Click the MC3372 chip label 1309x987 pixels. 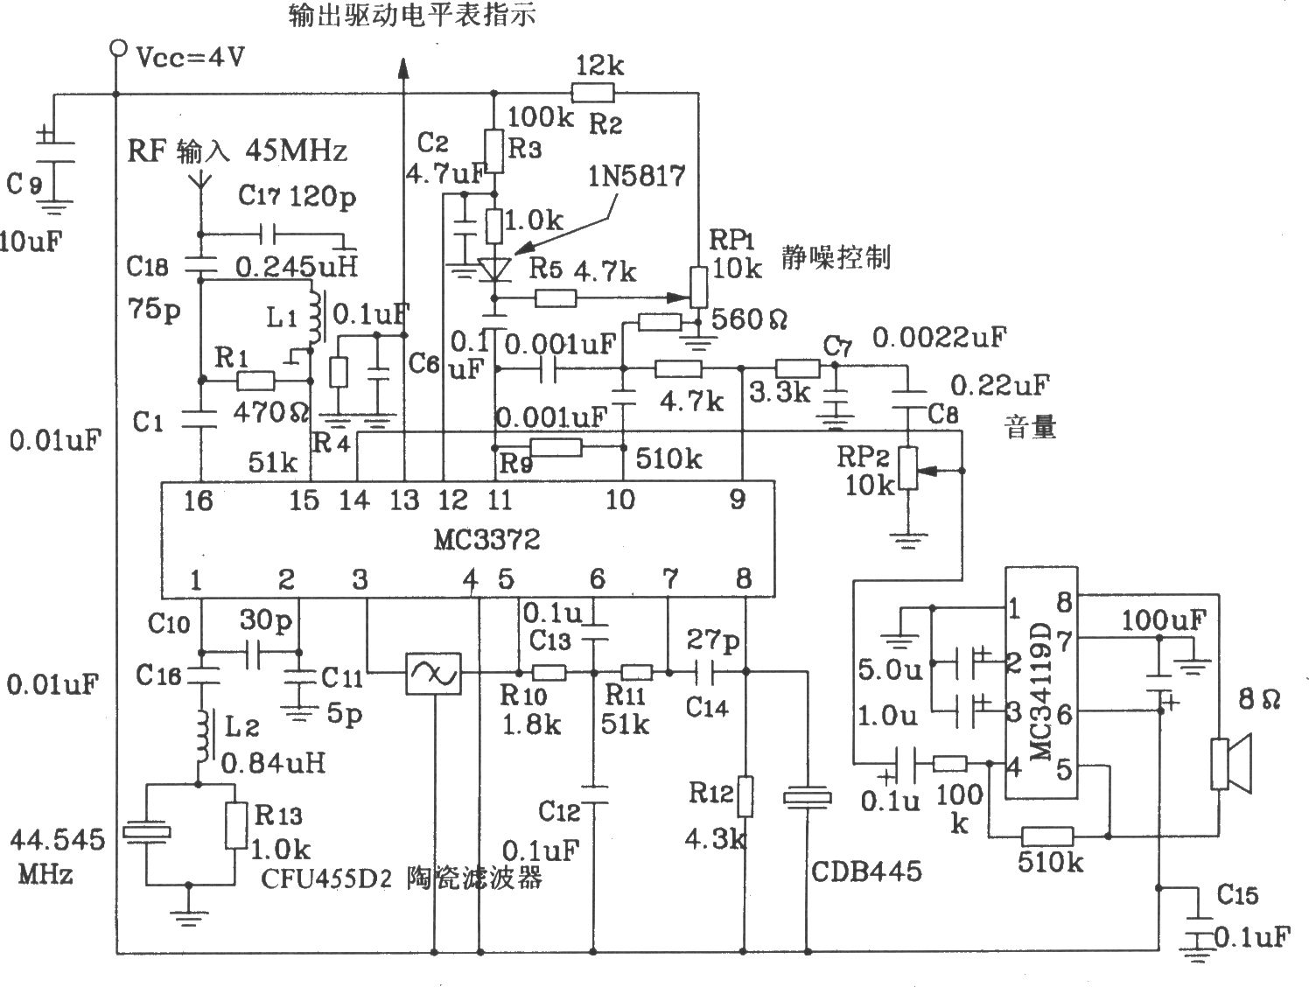[486, 540]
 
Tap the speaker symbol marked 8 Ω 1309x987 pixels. [1230, 764]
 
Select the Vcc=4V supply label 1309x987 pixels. [191, 57]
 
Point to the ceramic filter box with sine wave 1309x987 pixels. [433, 673]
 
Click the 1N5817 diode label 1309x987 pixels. [637, 176]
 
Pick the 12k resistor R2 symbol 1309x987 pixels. [592, 93]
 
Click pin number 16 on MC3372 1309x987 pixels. [198, 500]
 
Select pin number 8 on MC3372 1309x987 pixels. [744, 577]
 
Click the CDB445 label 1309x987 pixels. [866, 871]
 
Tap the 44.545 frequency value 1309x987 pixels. [57, 840]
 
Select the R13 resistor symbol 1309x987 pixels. [236, 825]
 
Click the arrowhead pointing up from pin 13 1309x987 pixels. [403, 67]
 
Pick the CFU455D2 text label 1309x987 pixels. [326, 878]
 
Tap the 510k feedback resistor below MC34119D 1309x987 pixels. [1047, 836]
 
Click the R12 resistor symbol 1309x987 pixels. [745, 796]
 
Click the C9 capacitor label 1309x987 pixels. [24, 184]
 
